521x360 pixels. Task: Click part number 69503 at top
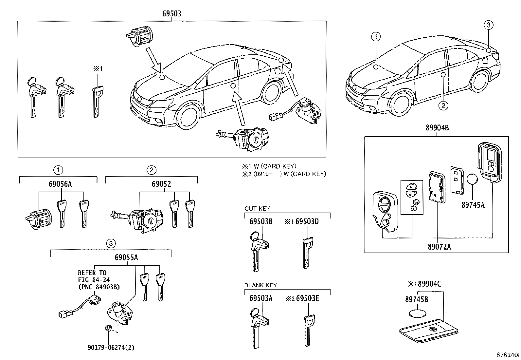click(x=171, y=14)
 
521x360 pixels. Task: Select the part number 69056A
click(x=60, y=184)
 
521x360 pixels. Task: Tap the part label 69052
click(x=161, y=184)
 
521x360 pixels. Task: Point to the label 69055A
click(x=126, y=257)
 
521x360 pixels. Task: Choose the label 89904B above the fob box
click(x=437, y=128)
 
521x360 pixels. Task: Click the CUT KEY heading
click(x=257, y=209)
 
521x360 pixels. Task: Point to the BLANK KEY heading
click(x=260, y=285)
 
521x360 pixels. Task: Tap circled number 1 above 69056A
click(x=58, y=170)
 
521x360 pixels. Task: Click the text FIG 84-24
click(x=94, y=280)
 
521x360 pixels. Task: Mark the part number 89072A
click(x=439, y=247)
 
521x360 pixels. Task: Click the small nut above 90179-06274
click(x=108, y=328)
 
